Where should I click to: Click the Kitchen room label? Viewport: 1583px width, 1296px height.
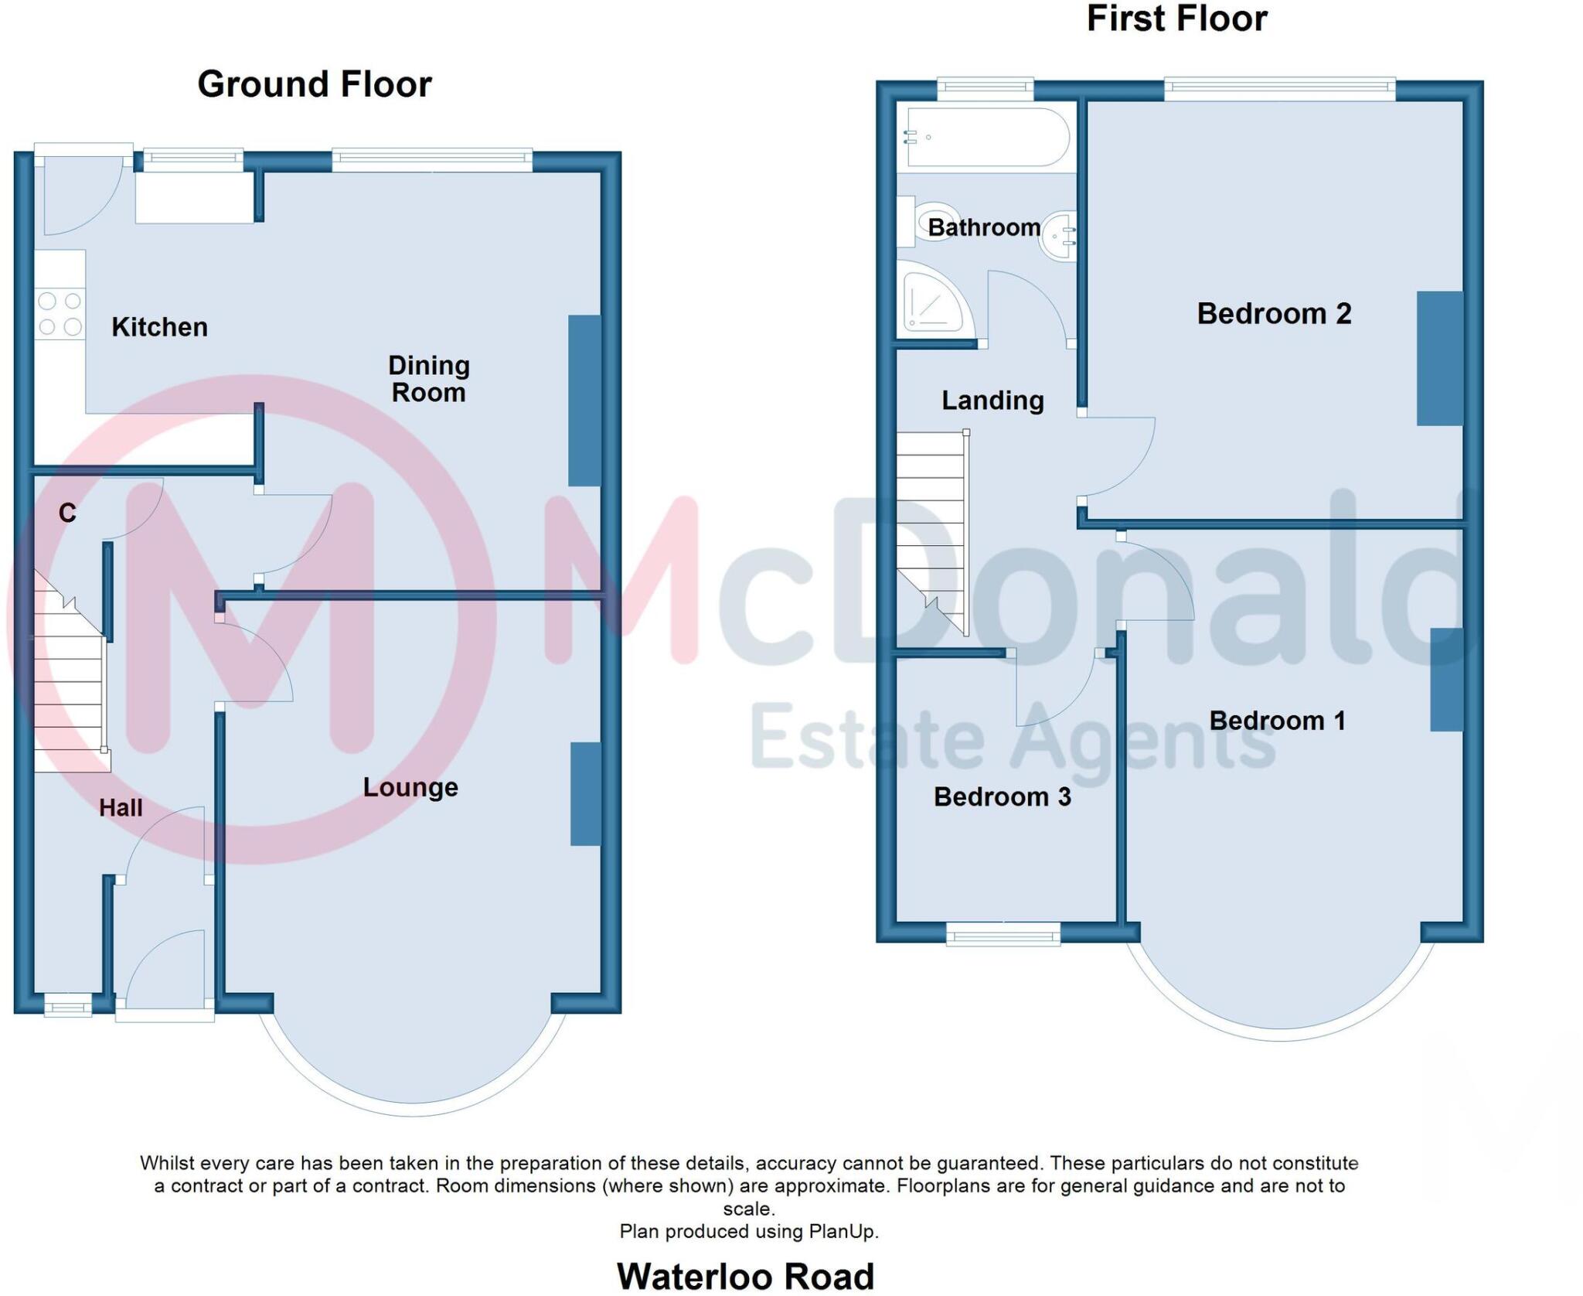click(159, 327)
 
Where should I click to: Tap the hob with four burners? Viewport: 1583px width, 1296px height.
click(60, 313)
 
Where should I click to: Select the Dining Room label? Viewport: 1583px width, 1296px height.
click(428, 379)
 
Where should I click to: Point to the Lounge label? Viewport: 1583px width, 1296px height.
click(410, 787)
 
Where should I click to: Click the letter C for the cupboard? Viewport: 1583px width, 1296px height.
click(67, 513)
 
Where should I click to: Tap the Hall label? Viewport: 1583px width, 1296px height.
click(121, 808)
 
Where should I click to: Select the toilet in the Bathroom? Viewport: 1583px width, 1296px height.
click(931, 222)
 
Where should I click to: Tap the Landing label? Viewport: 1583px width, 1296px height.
click(992, 400)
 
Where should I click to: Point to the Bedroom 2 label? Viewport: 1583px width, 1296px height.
click(1274, 313)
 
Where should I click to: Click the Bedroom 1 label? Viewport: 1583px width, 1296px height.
click(1277, 721)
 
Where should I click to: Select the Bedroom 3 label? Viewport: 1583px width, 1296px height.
click(1002, 796)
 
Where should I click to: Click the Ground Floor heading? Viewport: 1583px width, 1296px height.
click(314, 84)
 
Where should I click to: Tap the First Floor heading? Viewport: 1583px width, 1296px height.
click(1176, 19)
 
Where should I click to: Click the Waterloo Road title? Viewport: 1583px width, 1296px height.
click(745, 1276)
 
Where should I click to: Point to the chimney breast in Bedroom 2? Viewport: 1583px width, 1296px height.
click(1439, 358)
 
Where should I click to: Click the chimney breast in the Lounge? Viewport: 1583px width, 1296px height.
click(586, 793)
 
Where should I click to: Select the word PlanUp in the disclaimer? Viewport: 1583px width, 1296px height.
click(841, 1231)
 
